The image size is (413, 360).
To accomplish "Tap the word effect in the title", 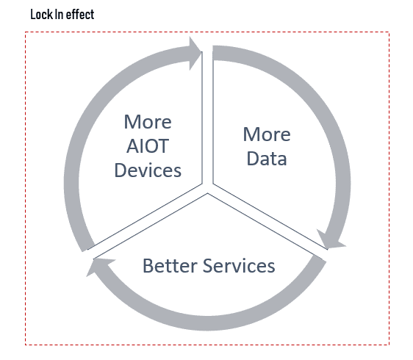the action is (x=80, y=15).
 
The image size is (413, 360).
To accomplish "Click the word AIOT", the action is (x=148, y=146).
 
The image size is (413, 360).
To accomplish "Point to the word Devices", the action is (x=148, y=170).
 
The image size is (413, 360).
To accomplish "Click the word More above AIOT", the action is (x=148, y=122).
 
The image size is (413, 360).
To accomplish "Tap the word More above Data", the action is (x=267, y=134).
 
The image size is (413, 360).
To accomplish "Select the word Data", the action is (x=267, y=159).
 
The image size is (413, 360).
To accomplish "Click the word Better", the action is (x=170, y=265).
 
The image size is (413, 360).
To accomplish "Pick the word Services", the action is (x=239, y=265).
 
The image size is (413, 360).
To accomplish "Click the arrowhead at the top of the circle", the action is (x=195, y=53).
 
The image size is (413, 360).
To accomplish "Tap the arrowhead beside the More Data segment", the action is (x=330, y=240).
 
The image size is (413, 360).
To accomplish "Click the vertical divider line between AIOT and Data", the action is (x=207, y=118).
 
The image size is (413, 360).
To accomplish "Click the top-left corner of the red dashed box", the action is (x=26, y=32).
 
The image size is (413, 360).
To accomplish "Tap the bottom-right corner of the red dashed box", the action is (x=389, y=345).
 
